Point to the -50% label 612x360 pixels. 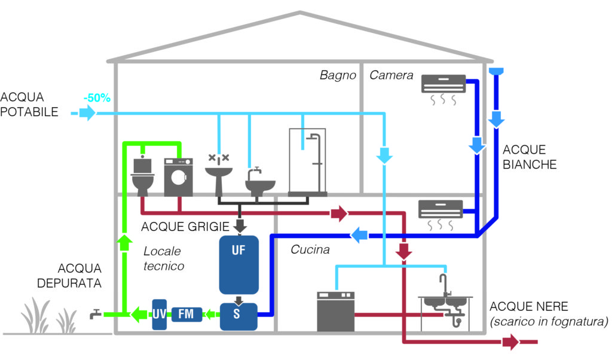(97, 97)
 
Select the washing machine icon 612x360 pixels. (178, 177)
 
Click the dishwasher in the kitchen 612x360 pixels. (335, 312)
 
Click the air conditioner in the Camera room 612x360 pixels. (443, 84)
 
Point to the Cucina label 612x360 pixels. (310, 250)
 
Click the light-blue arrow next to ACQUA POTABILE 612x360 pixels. (87, 112)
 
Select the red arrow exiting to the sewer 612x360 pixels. (510, 343)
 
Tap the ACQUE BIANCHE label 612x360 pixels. (530, 157)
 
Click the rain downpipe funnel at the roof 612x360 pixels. (495, 72)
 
